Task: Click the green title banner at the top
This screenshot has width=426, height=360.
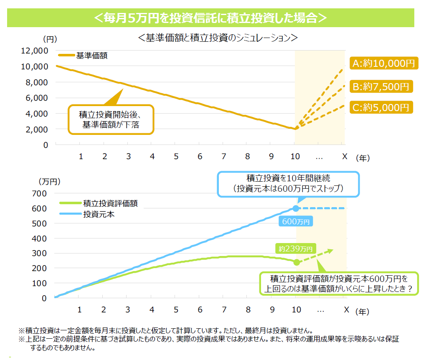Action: tap(210, 18)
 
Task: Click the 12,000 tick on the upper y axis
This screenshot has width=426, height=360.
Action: tap(34, 51)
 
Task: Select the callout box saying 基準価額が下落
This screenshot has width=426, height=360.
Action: tap(111, 119)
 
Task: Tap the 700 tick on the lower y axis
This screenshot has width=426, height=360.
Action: tap(41, 193)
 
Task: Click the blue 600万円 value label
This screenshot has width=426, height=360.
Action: tap(296, 222)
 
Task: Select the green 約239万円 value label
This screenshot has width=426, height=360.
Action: tap(296, 248)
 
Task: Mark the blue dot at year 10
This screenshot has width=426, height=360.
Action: tap(296, 208)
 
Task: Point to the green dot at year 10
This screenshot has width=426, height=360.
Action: tap(297, 262)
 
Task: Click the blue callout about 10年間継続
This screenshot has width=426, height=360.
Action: tap(288, 184)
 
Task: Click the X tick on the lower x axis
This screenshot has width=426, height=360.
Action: tap(346, 310)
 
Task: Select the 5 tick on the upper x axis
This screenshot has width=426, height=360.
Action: tap(176, 156)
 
